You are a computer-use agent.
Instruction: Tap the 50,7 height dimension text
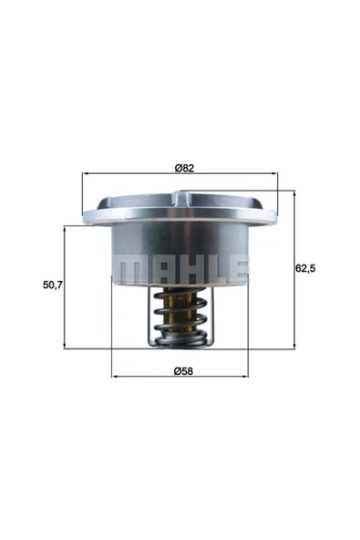53,286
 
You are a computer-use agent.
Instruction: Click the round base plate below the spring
180,341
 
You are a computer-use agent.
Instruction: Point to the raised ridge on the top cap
219,194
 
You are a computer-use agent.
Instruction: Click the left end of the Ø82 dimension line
83,174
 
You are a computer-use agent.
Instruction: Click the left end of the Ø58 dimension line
111,376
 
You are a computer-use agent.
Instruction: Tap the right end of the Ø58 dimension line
249,376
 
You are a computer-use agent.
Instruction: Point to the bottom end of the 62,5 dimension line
295,348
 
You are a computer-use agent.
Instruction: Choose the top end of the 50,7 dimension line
65,227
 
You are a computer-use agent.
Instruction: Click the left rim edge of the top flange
85,217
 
